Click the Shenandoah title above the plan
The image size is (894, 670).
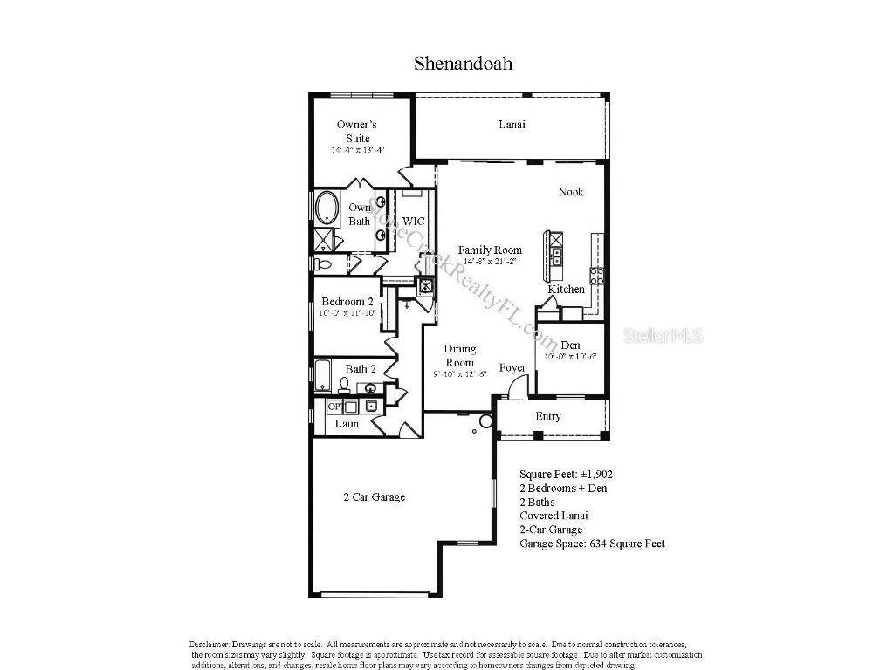pyautogui.click(x=463, y=63)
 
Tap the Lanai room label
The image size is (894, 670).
pyautogui.click(x=512, y=125)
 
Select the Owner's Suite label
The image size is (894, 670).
pyautogui.click(x=357, y=131)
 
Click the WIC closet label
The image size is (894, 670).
pyautogui.click(x=413, y=222)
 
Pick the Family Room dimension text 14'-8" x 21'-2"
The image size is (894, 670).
pyautogui.click(x=490, y=262)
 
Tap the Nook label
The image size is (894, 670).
pyautogui.click(x=571, y=192)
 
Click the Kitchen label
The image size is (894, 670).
pyautogui.click(x=566, y=290)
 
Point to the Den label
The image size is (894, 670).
pyautogui.click(x=571, y=344)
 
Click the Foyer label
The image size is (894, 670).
pyautogui.click(x=512, y=367)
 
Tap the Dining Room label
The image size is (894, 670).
pyautogui.click(x=460, y=356)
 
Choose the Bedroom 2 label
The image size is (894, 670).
pyautogui.click(x=347, y=302)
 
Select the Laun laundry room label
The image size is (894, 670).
pyautogui.click(x=347, y=424)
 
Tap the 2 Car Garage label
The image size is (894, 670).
pyautogui.click(x=374, y=497)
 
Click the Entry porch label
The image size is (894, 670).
pyautogui.click(x=548, y=416)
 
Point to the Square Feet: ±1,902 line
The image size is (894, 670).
pyautogui.click(x=566, y=474)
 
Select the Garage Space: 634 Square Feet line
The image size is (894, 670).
pyautogui.click(x=592, y=544)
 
